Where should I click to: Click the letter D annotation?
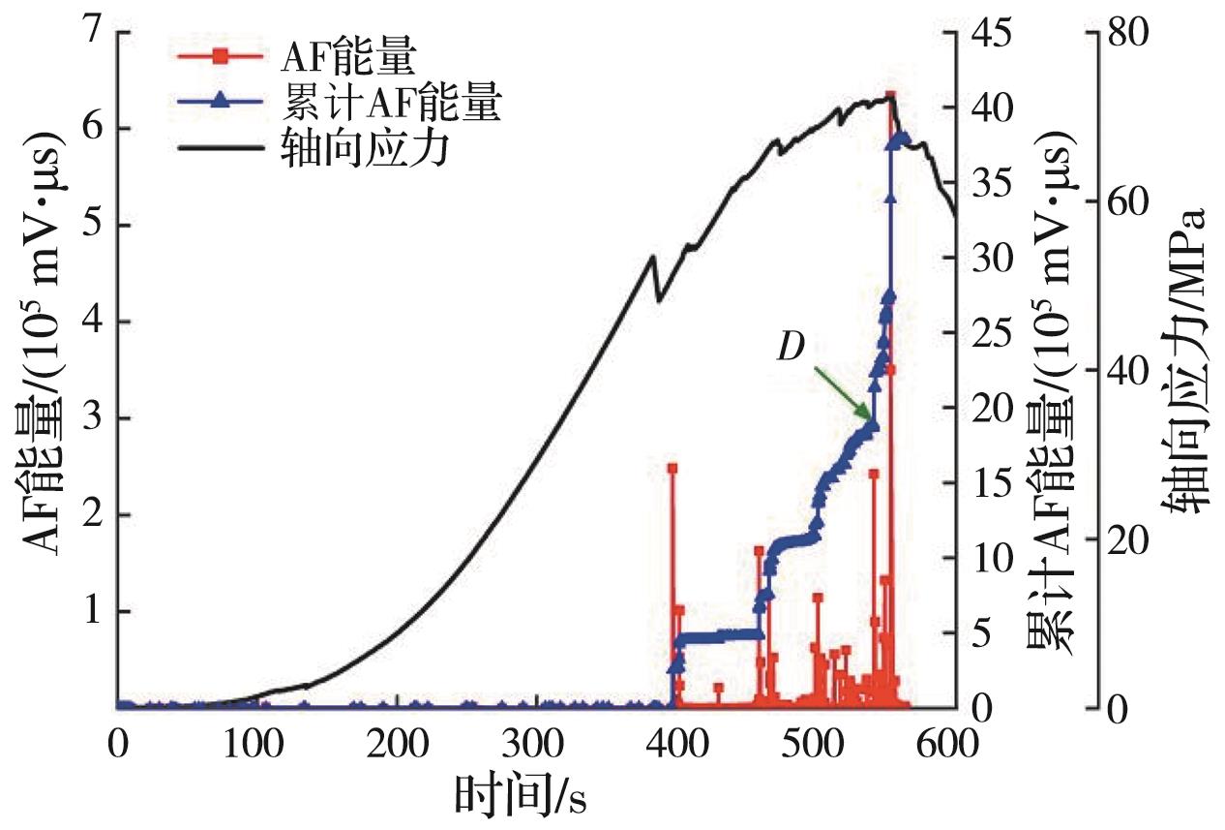[x=791, y=348]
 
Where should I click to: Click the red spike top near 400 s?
[x=672, y=468]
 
